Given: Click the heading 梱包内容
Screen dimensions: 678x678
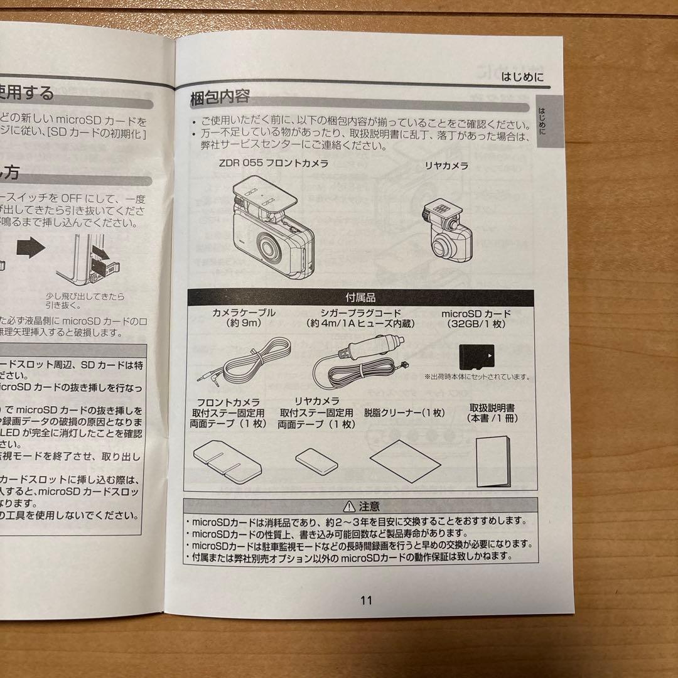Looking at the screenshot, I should click(x=220, y=97).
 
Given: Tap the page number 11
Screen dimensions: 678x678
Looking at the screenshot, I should click(x=367, y=600).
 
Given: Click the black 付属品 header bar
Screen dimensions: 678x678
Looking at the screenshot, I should click(x=360, y=298).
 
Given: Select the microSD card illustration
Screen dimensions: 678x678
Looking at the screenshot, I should click(x=476, y=357).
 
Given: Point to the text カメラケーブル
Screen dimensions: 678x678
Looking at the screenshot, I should click(x=244, y=313).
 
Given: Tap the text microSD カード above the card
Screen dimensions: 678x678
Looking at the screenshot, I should click(x=476, y=313).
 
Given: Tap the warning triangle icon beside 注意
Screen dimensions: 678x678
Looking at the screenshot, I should click(x=349, y=506).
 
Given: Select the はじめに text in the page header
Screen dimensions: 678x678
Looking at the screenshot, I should click(x=522, y=78).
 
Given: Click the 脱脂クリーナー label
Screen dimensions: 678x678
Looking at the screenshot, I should click(x=404, y=412).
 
